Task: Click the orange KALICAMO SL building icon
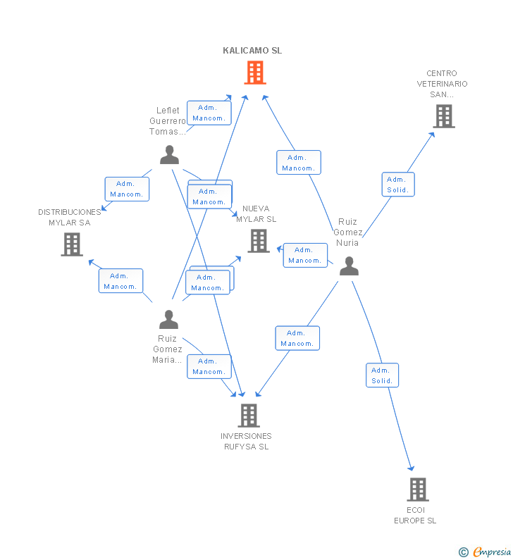point(255,72)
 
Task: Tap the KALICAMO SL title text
point(252,51)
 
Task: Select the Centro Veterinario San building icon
point(443,116)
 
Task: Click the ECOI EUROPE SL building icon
point(418,489)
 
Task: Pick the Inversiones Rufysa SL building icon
point(248,416)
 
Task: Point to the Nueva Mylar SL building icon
point(259,241)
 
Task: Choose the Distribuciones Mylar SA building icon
point(72,244)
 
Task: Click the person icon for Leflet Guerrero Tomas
point(169,154)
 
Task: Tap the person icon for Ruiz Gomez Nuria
point(349,266)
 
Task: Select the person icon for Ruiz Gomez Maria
point(168,320)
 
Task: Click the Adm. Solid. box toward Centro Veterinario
point(398,185)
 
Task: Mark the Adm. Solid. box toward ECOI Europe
point(382,375)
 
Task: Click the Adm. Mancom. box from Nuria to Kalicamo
point(298,163)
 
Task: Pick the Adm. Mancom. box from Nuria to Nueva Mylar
point(305,255)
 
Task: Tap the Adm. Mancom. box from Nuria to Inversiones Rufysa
point(297,338)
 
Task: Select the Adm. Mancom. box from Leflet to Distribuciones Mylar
point(127,189)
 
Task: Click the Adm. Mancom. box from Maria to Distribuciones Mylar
point(120,281)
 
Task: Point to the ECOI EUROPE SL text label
point(415,515)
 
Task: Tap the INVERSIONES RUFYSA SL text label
point(247,441)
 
